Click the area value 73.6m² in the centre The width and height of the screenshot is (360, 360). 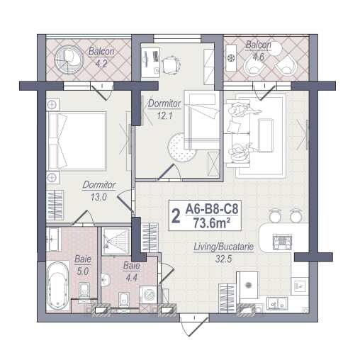click(x=213, y=223)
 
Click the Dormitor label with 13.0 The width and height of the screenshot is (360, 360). click(x=94, y=186)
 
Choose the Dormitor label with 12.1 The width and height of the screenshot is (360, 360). click(x=164, y=103)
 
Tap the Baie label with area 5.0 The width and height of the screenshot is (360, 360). click(x=82, y=260)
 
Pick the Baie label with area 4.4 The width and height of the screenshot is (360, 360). click(x=131, y=266)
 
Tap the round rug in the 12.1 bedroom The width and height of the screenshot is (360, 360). click(x=183, y=147)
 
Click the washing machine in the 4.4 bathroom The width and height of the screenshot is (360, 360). click(x=150, y=295)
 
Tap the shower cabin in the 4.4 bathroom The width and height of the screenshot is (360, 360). click(x=114, y=241)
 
